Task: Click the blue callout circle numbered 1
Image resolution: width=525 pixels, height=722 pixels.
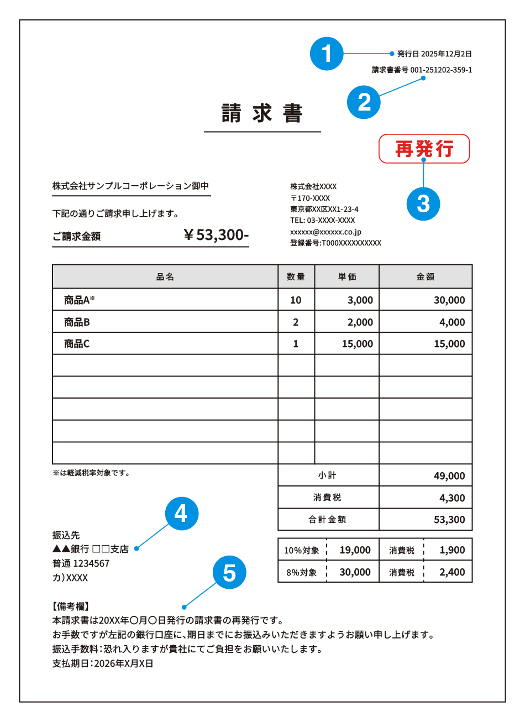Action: tap(327, 54)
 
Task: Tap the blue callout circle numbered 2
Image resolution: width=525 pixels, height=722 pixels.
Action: tap(364, 102)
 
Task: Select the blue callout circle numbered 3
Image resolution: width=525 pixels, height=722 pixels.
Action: tap(423, 203)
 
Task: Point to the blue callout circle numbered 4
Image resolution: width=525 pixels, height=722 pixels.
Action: tap(181, 514)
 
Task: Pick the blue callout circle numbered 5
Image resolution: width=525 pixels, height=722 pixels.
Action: tap(229, 573)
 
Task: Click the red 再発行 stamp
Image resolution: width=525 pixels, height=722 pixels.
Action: tap(424, 149)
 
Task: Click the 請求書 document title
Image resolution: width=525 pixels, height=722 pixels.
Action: tap(262, 113)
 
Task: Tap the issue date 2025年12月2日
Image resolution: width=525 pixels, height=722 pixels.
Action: tap(446, 54)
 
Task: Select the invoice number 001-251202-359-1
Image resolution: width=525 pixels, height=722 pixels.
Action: tap(441, 70)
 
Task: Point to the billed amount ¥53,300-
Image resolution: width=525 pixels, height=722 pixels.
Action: tap(217, 235)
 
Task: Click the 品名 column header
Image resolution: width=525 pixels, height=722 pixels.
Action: tap(165, 277)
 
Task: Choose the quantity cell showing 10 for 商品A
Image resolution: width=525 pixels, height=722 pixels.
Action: tap(296, 300)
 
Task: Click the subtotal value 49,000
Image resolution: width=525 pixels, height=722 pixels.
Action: tap(449, 476)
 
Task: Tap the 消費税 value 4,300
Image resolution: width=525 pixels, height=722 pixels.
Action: tap(452, 498)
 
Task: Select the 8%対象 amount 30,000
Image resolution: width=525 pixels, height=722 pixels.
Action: tap(355, 572)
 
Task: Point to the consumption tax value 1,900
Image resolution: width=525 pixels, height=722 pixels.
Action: tap(452, 550)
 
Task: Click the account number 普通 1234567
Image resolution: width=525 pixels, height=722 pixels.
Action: tap(81, 563)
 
